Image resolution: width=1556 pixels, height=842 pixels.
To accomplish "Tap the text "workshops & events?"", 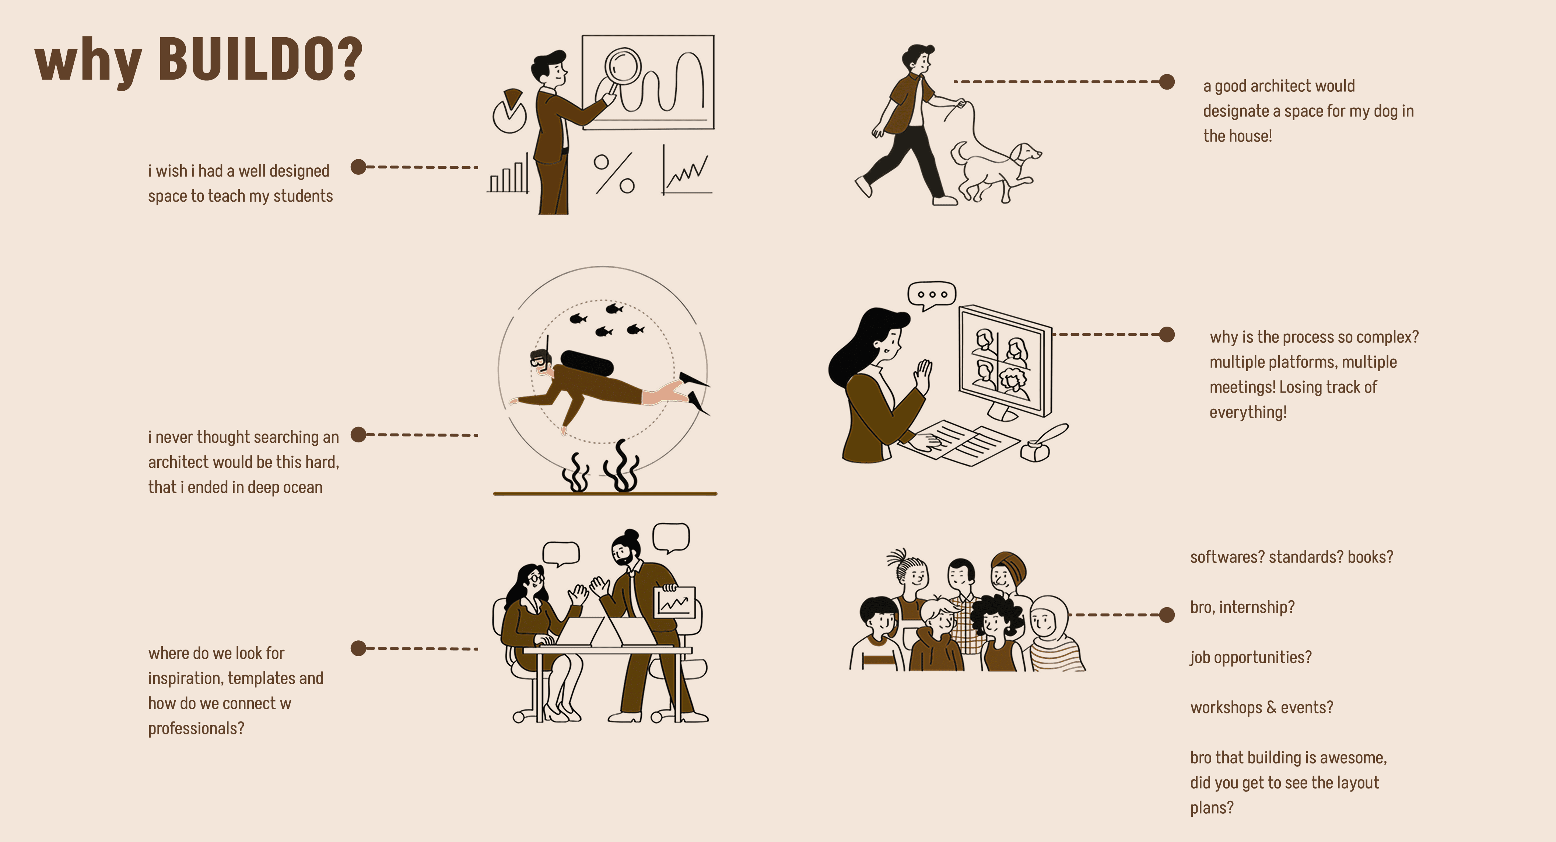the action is pyautogui.click(x=1261, y=707).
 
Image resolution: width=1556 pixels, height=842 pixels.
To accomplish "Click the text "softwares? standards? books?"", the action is pyautogui.click(x=1292, y=557).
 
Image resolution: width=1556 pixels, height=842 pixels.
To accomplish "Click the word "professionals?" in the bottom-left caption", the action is pyautogui.click(x=196, y=728).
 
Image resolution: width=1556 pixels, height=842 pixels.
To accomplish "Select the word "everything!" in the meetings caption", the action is pyautogui.click(x=1248, y=412).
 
